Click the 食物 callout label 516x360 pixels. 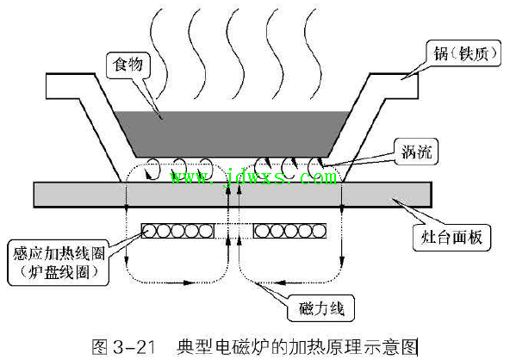coord(128,65)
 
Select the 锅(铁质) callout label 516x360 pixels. coord(464,53)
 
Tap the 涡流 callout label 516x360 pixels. coord(416,152)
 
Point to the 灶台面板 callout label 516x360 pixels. coord(451,238)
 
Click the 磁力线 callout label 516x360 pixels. coord(320,308)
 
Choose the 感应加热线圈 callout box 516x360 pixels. coord(59,263)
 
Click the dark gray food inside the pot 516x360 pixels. coord(232,134)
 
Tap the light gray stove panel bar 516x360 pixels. coord(233,195)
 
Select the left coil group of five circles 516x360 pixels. coord(177,231)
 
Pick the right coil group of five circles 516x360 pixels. coord(290,231)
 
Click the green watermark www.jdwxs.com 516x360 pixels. coord(253,177)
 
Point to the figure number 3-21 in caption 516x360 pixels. coord(134,347)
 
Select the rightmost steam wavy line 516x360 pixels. coord(313,53)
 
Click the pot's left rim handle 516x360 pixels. coord(70,86)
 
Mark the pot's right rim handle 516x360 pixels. coord(394,86)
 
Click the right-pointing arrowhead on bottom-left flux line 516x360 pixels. coord(188,282)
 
